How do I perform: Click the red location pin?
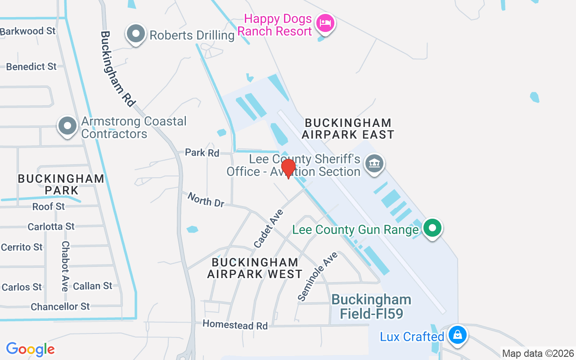click(288, 168)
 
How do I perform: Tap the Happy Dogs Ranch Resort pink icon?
click(325, 22)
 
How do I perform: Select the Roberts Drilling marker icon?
click(135, 34)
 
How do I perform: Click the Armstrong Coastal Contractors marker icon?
click(67, 126)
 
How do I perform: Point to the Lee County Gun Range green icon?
click(432, 228)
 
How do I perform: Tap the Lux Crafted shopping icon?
click(457, 335)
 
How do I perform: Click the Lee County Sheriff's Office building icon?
click(374, 163)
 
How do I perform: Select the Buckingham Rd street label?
click(118, 68)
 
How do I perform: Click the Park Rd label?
click(202, 153)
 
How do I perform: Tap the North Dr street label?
click(206, 199)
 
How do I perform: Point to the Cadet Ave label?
click(269, 228)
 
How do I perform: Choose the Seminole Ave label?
click(317, 276)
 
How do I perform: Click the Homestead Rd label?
click(235, 324)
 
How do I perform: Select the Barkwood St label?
click(28, 31)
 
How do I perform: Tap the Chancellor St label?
click(60, 306)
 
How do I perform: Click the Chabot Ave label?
click(66, 266)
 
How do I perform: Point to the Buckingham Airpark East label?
click(348, 128)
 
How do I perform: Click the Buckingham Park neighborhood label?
click(61, 184)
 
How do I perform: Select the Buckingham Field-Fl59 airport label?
click(371, 306)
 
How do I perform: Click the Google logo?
click(30, 349)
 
